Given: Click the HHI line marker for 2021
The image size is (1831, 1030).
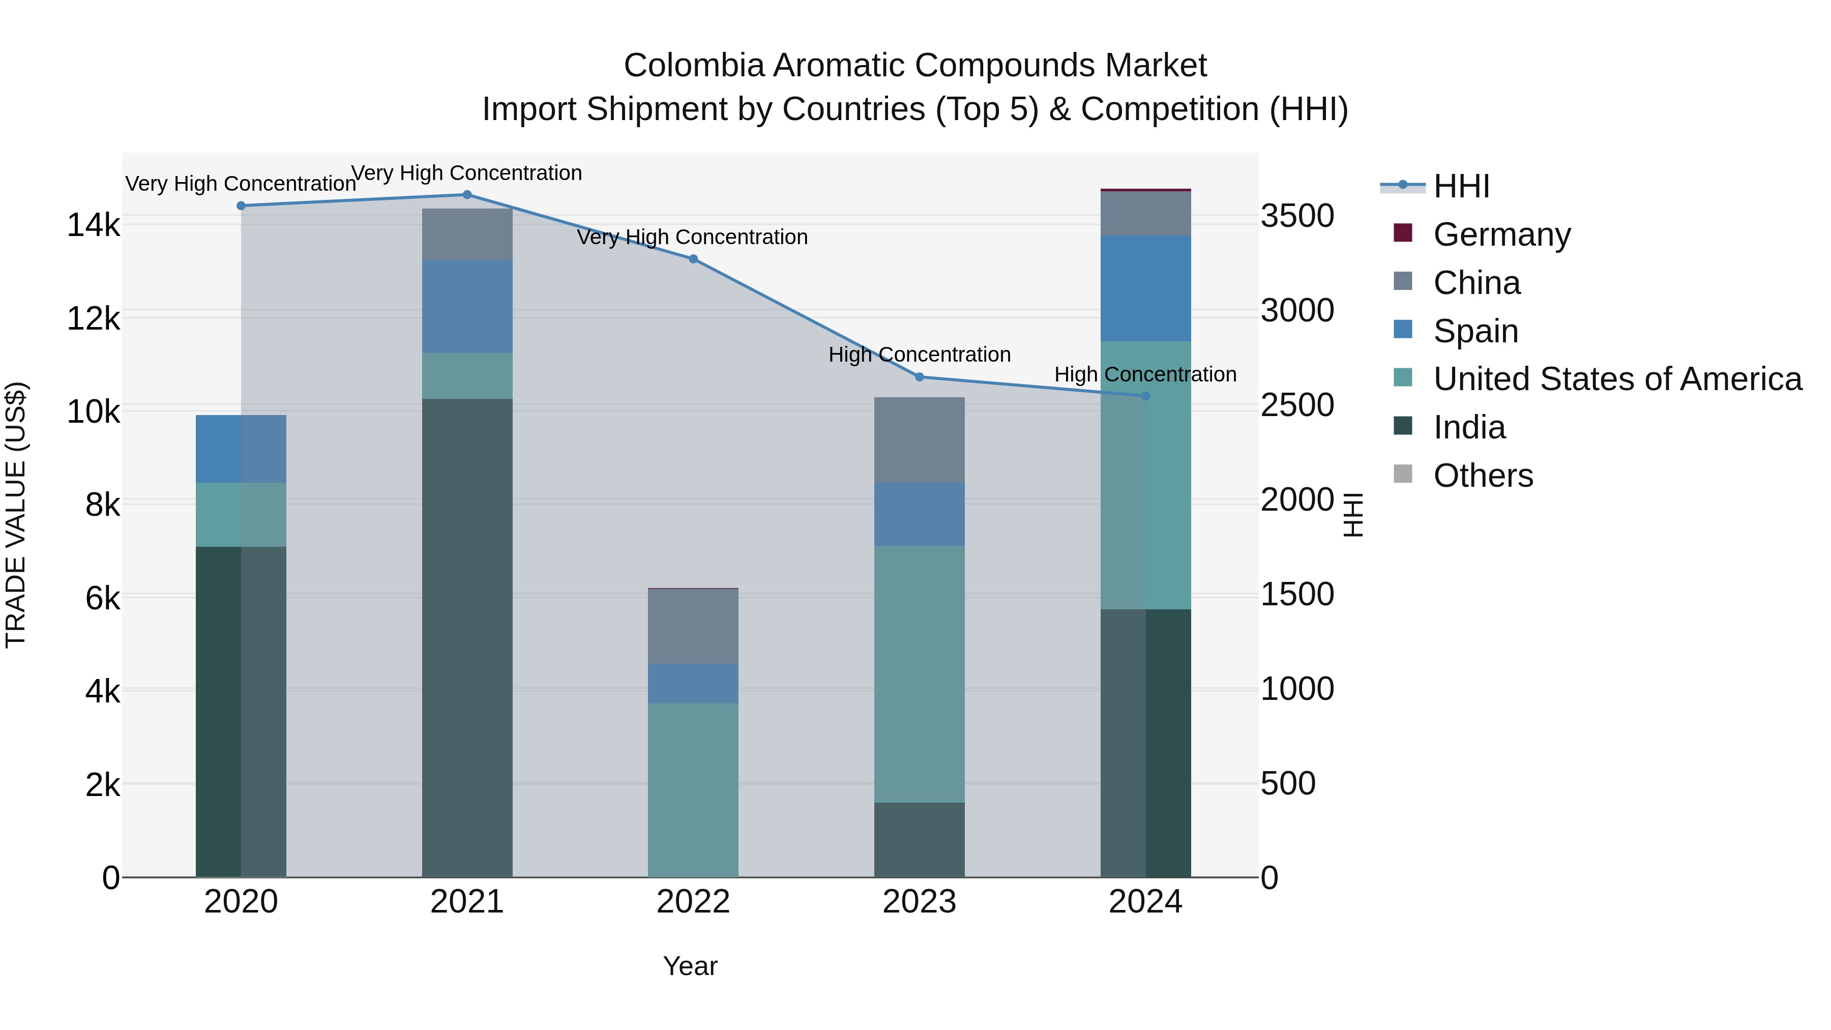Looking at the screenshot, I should (x=467, y=195).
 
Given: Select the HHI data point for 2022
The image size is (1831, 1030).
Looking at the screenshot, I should (x=693, y=259).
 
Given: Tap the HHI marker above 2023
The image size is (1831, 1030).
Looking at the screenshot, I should (x=919, y=377).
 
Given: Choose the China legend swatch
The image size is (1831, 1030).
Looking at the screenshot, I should (x=1403, y=281).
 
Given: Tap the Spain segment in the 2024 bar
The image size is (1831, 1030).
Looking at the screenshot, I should (x=1145, y=288).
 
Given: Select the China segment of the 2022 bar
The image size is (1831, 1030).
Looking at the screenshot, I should (x=693, y=626).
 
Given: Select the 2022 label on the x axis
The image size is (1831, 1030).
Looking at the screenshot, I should (x=693, y=902).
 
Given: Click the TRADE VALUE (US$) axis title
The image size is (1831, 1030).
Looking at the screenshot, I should (x=16, y=515).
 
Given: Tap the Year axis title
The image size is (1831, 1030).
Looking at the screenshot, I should (x=690, y=966).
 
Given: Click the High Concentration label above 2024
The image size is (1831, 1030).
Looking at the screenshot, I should (x=1145, y=374).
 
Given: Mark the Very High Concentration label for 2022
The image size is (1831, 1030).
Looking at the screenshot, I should (x=692, y=238).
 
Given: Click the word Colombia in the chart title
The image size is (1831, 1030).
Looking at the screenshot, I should (x=694, y=66).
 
